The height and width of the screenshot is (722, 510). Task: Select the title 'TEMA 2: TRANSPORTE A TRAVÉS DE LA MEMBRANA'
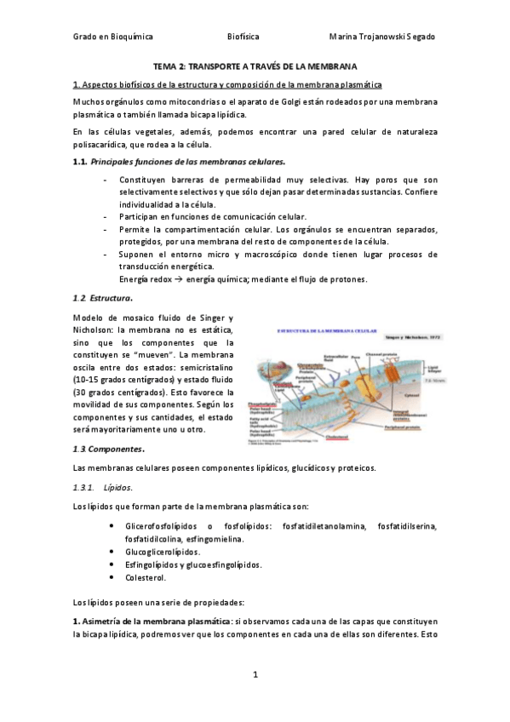[255, 66]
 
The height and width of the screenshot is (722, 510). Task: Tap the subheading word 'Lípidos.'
[117, 487]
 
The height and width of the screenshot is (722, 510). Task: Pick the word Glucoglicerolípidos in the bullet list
[163, 551]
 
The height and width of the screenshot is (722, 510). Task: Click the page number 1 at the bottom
[255, 674]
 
